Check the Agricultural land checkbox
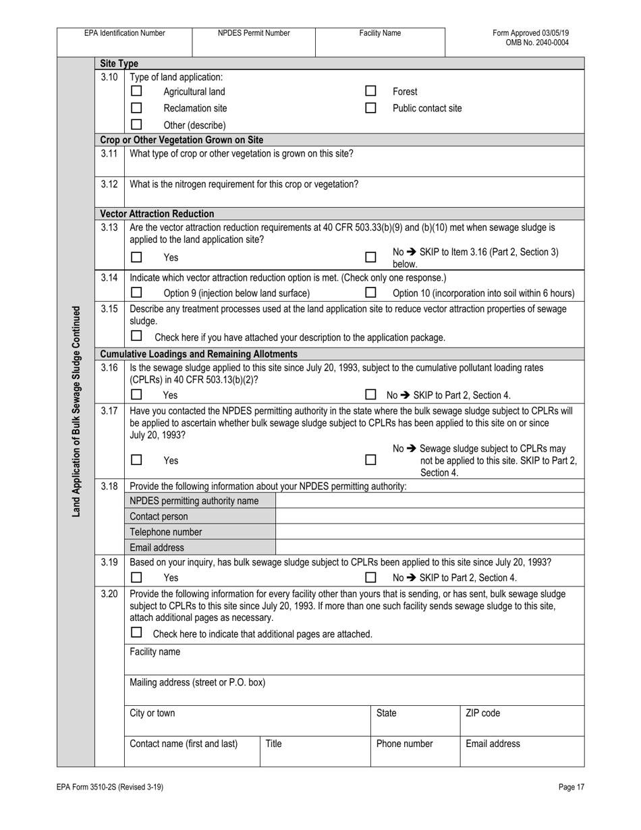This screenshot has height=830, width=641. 136,91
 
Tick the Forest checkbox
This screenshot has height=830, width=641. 370,91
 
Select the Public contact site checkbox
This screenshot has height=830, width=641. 370,108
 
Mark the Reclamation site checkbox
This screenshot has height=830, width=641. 136,108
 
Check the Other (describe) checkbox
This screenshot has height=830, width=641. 136,125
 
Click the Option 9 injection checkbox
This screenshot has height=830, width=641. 136,293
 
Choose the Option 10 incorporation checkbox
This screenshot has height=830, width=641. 370,293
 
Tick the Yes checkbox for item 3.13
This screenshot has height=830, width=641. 136,257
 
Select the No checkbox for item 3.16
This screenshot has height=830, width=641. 370,395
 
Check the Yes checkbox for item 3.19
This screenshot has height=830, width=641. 136,578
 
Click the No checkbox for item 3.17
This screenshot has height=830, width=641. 370,460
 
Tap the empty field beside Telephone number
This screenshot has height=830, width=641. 430,532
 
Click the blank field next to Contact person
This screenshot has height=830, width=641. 430,516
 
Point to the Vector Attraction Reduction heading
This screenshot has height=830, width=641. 157,213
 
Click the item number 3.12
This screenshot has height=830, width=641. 109,184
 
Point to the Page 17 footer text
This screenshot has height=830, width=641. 571,787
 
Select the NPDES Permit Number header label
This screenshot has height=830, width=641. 254,33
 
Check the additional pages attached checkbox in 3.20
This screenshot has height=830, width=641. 136,633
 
